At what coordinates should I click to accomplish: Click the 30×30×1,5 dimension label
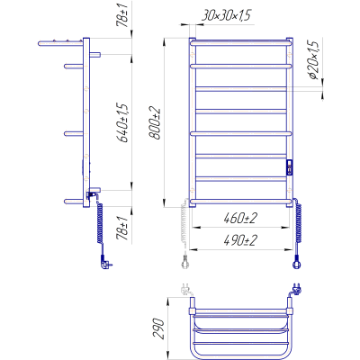coord(226,15)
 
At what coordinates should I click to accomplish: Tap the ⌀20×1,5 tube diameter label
coord(313,59)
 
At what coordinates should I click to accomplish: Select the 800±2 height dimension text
coord(156,123)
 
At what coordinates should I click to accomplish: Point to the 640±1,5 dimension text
coord(123,123)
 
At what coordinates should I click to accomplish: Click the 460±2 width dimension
coord(240,218)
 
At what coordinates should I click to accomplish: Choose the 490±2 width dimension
coord(240,240)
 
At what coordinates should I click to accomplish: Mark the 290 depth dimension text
coord(159,328)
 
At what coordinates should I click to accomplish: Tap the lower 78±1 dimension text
coord(123,229)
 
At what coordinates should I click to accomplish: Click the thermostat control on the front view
coord(290,166)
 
